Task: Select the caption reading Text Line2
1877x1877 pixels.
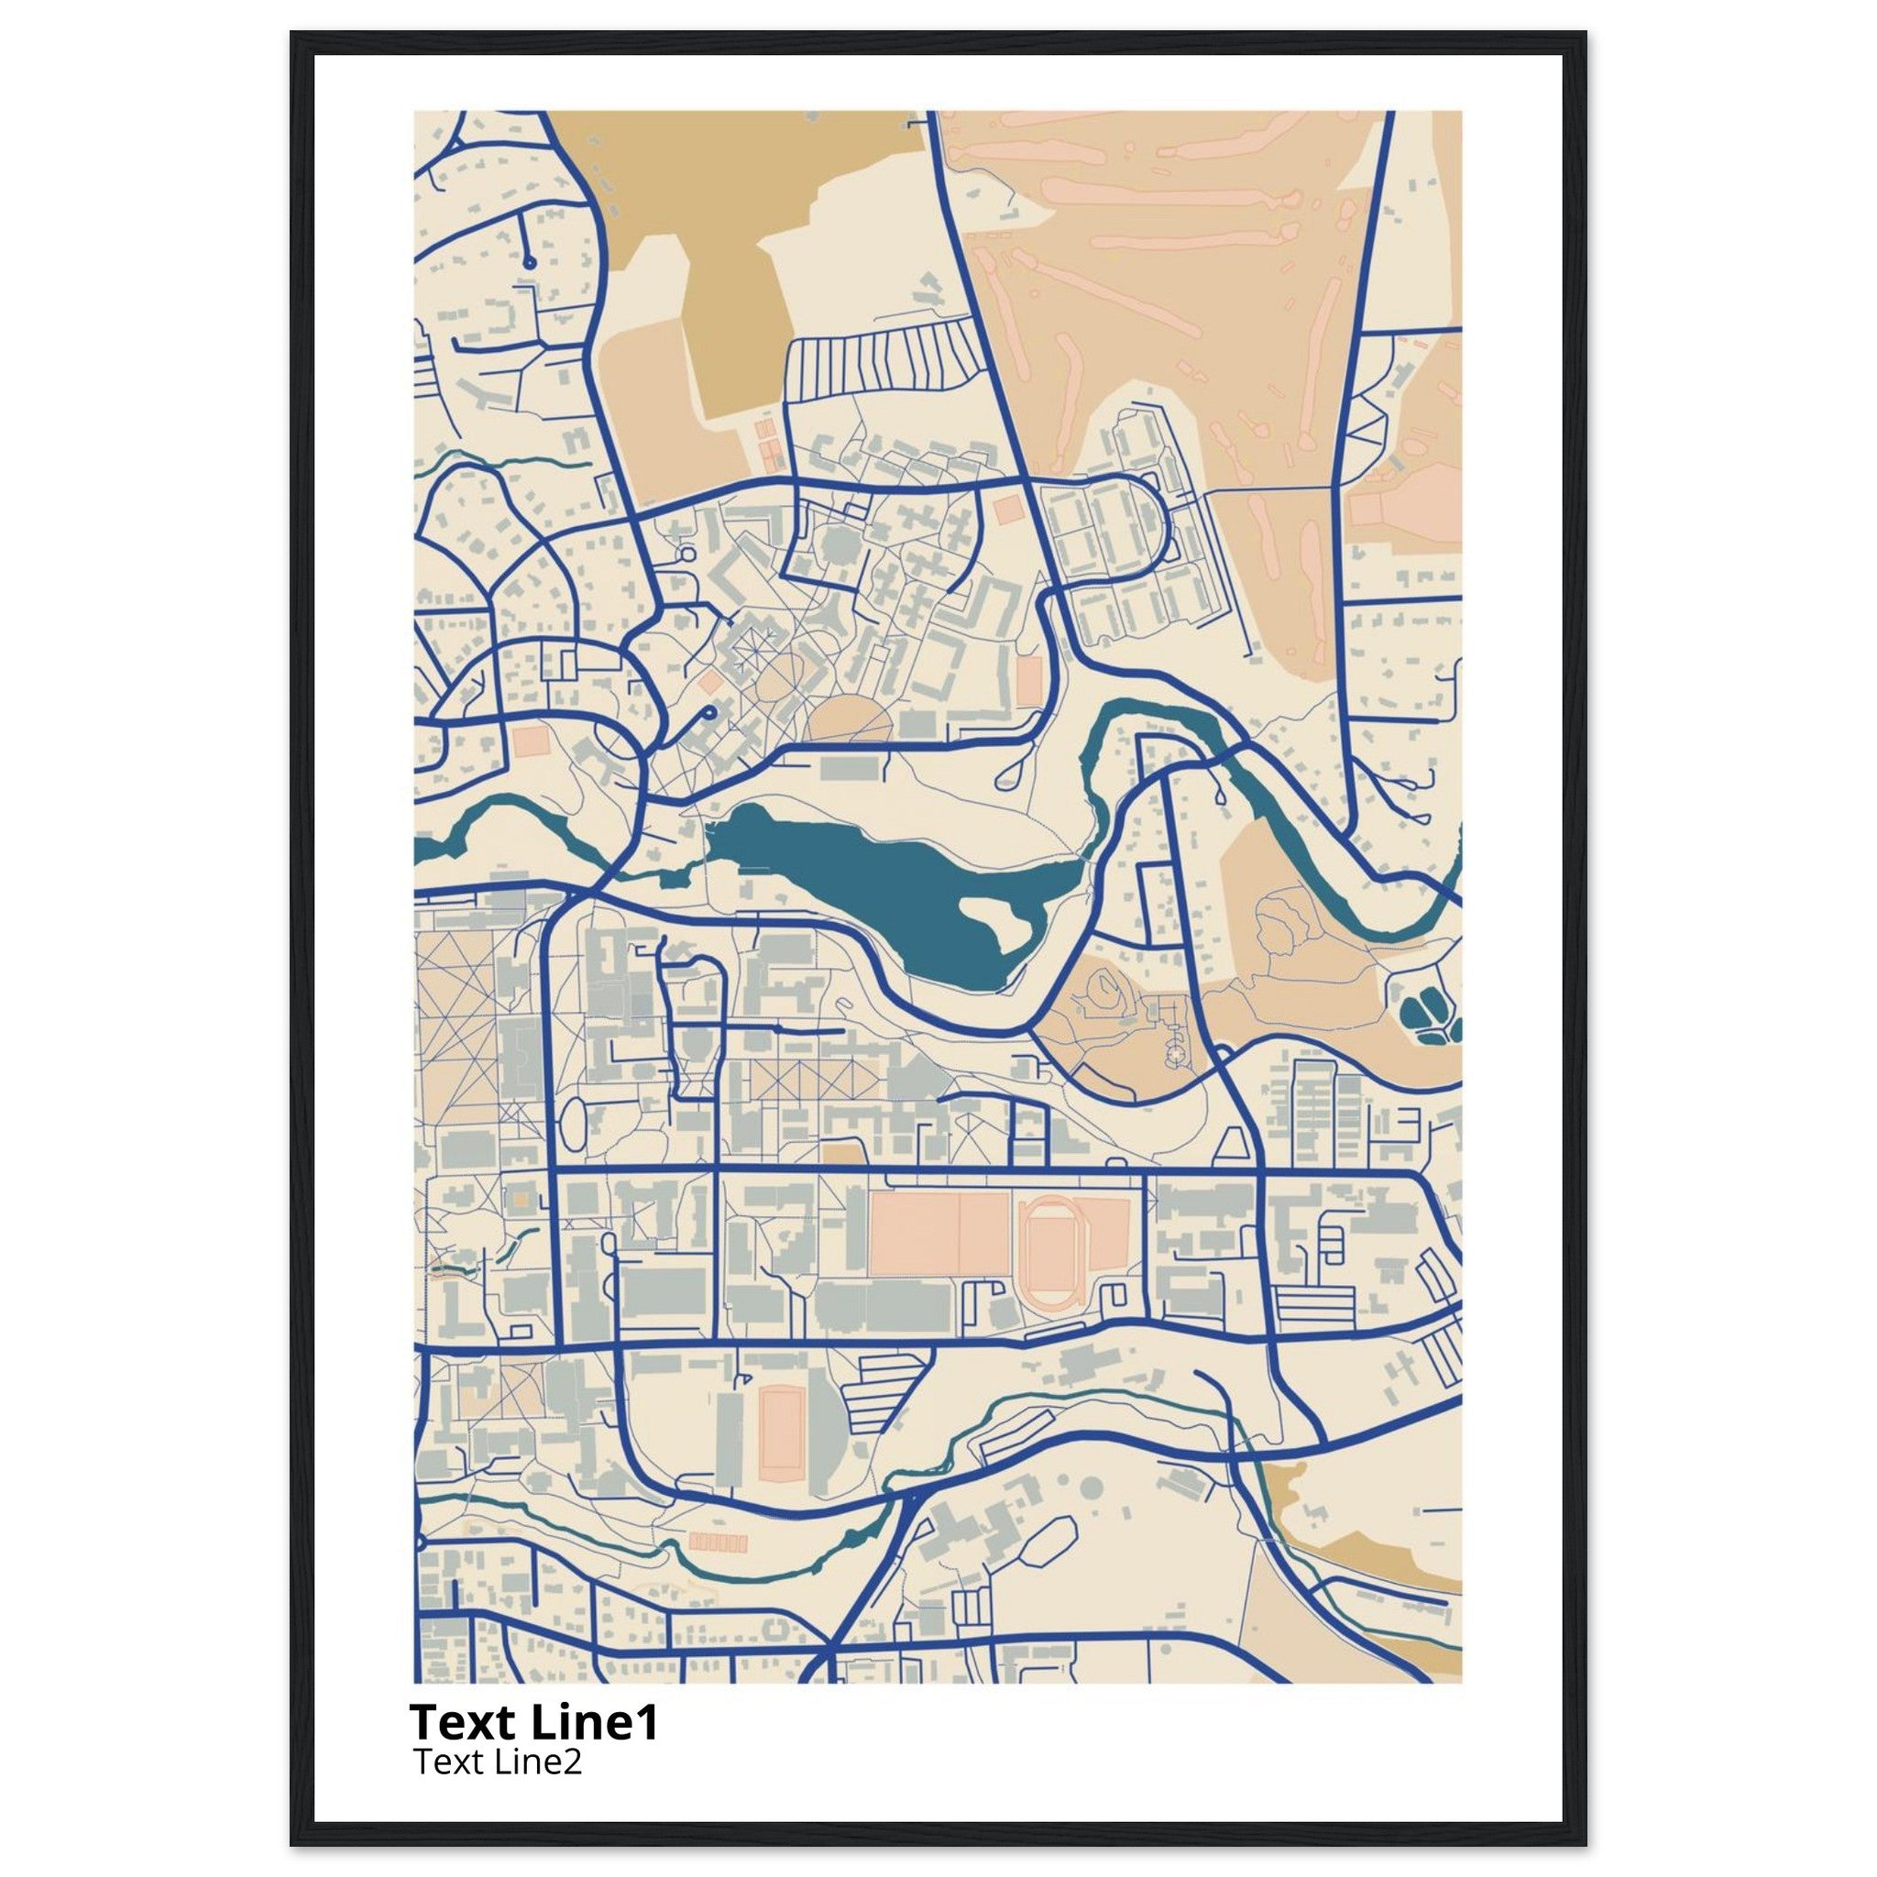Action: [x=498, y=1762]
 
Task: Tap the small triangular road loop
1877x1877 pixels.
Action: [x=1233, y=1144]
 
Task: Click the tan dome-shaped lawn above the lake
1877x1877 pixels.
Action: [x=848, y=718]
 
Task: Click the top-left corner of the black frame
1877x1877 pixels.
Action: [x=291, y=33]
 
